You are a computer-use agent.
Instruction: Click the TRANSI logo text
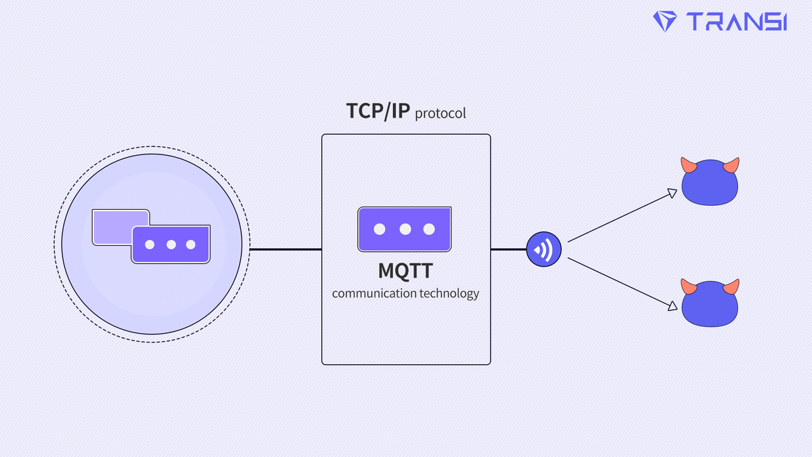tap(736, 22)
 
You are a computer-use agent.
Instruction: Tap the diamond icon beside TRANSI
tap(665, 21)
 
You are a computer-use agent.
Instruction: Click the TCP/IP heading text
tap(378, 111)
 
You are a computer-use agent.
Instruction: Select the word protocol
tap(441, 113)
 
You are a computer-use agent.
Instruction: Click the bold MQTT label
tap(405, 271)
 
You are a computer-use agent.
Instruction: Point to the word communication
tap(374, 294)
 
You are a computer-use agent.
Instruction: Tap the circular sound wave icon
tap(545, 249)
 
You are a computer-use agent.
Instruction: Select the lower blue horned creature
tap(709, 304)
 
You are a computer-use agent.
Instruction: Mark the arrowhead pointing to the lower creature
tap(671, 306)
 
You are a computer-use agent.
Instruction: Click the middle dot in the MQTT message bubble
tap(405, 230)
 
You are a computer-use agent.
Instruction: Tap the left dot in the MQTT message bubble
tap(380, 230)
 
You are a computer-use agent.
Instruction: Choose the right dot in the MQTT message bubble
tap(429, 230)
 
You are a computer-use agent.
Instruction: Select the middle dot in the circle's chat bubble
tap(171, 244)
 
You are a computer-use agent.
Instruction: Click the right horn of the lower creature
tap(731, 287)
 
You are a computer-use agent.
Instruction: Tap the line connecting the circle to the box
tap(286, 249)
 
